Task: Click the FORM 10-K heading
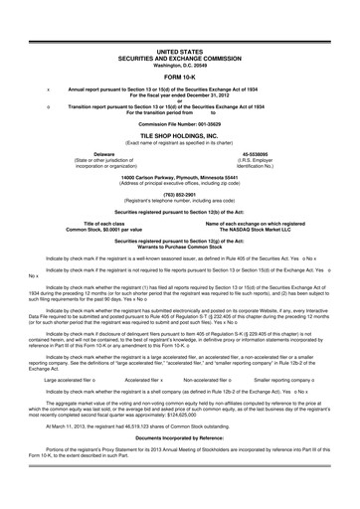180,75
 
